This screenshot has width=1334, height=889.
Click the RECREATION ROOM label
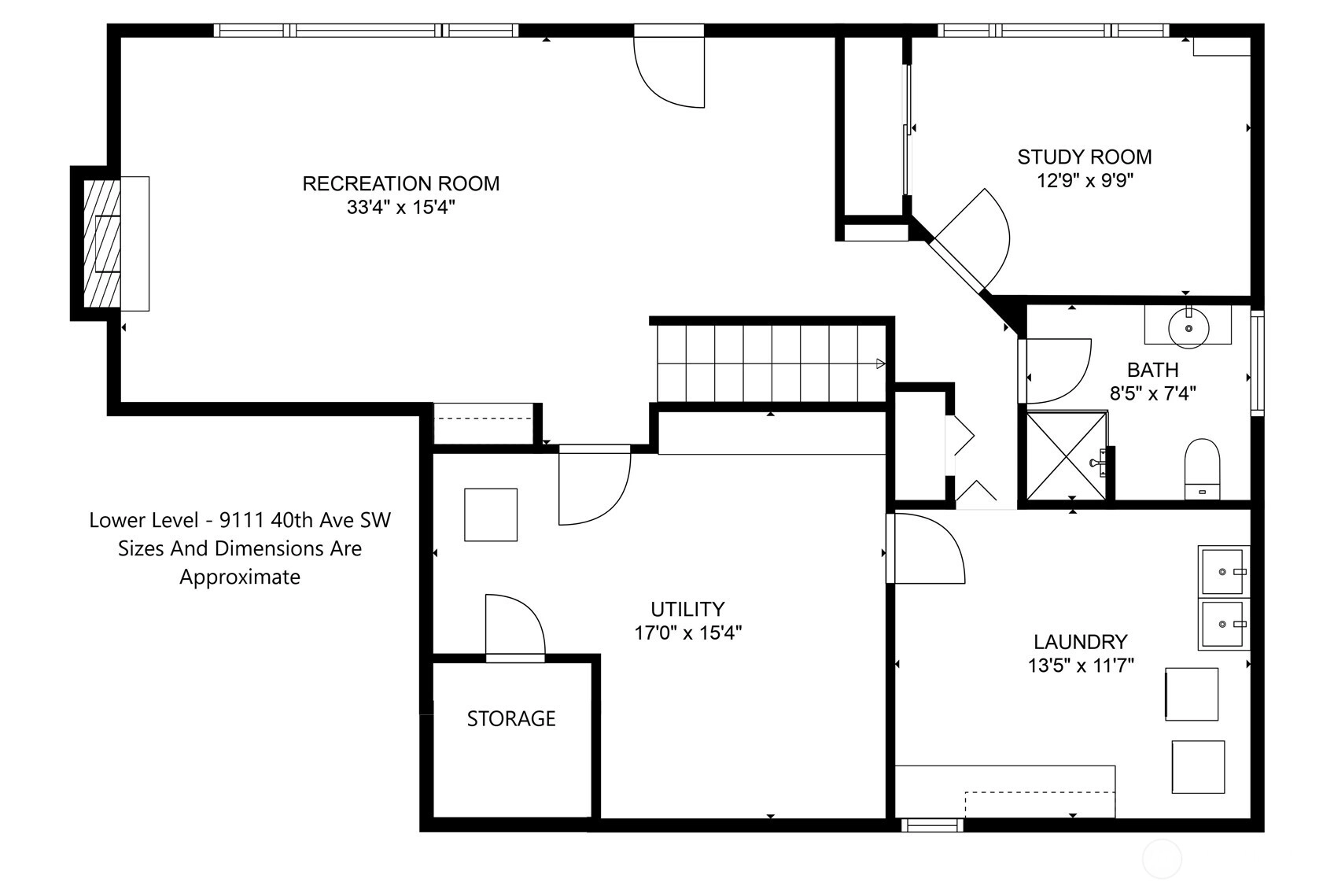point(401,183)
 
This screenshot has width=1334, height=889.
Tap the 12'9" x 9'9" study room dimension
point(1085,180)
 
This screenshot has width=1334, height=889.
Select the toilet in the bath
point(1202,469)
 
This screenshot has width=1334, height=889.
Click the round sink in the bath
point(1188,328)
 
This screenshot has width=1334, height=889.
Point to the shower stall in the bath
point(1066,456)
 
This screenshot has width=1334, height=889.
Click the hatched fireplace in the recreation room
point(101,243)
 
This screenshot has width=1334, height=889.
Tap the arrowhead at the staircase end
point(880,363)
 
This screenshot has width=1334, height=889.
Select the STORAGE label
point(511,718)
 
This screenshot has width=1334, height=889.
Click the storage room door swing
point(515,625)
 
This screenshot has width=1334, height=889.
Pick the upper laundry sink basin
point(1222,572)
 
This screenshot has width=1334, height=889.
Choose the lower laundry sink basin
point(1222,625)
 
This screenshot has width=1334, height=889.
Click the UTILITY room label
point(687,609)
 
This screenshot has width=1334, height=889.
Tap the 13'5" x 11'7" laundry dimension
point(1080,665)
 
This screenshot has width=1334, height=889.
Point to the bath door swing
point(1057,371)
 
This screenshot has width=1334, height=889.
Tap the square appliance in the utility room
point(491,515)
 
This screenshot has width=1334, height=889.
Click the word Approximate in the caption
point(240,577)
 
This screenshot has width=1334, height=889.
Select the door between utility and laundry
point(926,548)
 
